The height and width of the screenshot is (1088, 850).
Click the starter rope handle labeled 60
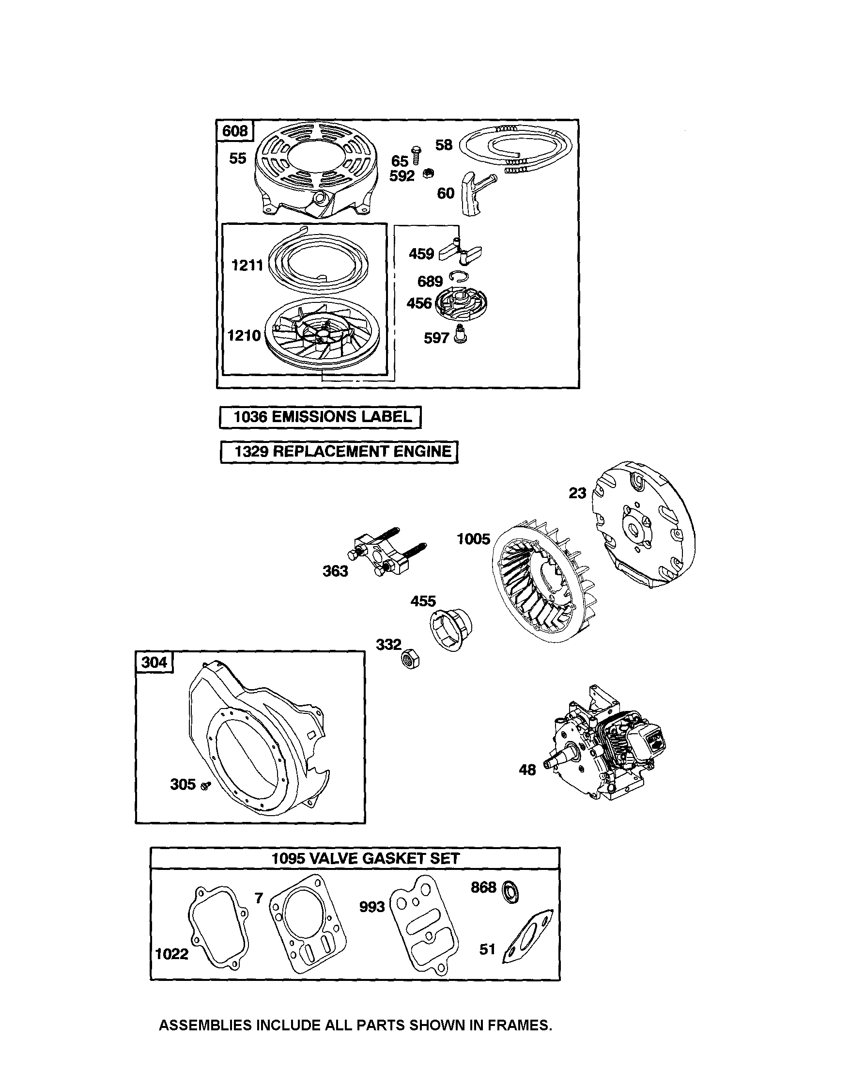pyautogui.click(x=475, y=193)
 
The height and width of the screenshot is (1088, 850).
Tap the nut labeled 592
pyautogui.click(x=428, y=173)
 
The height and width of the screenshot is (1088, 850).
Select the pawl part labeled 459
pyautogui.click(x=461, y=252)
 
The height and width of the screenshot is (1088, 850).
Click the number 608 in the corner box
pyautogui.click(x=234, y=131)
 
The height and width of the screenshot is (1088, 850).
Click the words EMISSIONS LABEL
pyautogui.click(x=342, y=416)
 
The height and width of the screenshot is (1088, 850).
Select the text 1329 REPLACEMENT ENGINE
pyautogui.click(x=342, y=451)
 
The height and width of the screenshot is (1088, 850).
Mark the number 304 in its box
pyautogui.click(x=154, y=662)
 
